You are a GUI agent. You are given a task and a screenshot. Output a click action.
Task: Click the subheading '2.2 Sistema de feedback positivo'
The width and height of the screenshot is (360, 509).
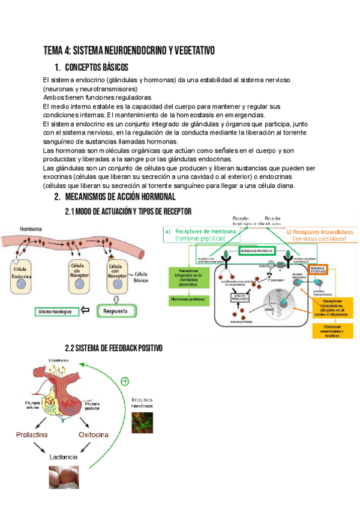click(x=113, y=349)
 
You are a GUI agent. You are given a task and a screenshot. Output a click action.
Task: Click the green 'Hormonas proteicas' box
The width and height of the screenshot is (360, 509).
click(x=187, y=298)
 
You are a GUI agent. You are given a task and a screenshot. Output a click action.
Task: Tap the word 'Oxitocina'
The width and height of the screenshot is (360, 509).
click(x=95, y=433)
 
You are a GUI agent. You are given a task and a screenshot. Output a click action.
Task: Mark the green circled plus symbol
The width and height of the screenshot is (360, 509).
click(x=125, y=381)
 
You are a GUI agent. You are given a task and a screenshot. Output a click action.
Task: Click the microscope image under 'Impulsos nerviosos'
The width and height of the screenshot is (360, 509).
click(x=142, y=422)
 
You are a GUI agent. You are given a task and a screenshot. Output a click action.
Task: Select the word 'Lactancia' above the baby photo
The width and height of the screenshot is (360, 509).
click(x=64, y=457)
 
